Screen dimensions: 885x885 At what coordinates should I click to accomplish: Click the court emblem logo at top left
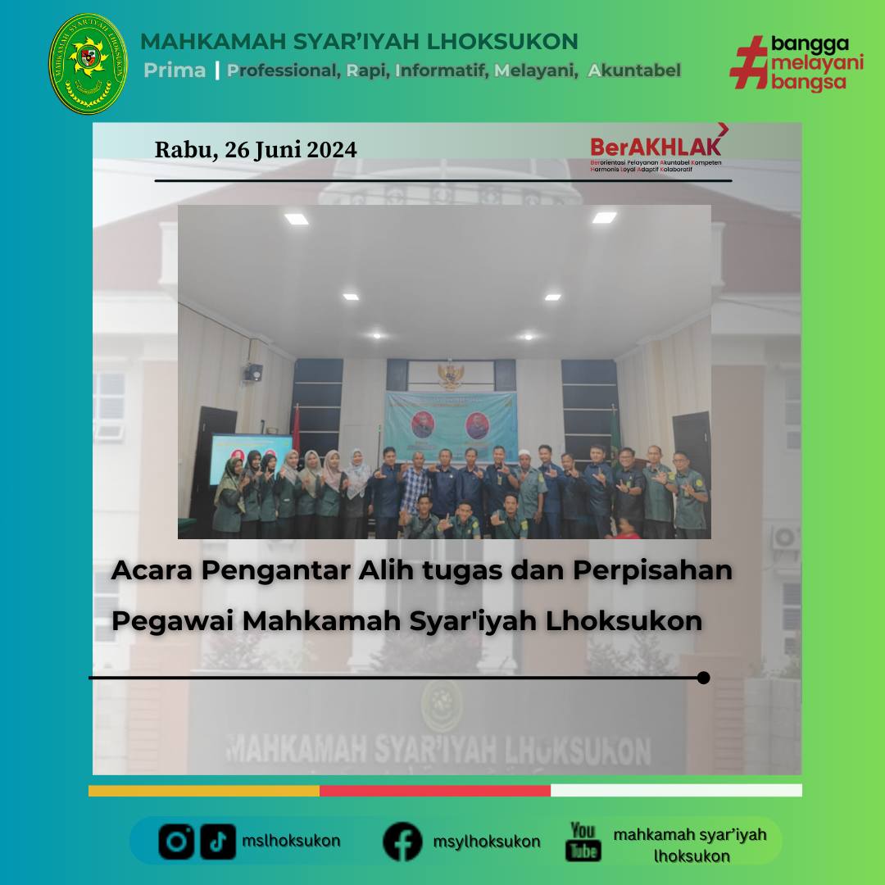[x=88, y=63]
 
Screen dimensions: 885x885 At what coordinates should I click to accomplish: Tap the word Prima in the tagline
[x=175, y=70]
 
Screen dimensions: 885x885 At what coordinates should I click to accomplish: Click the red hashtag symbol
[x=747, y=62]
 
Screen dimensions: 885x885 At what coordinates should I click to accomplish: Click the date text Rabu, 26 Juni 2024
[x=256, y=150]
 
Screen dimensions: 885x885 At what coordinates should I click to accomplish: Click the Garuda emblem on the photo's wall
[x=450, y=375]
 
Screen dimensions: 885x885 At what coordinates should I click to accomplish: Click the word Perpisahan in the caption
[x=651, y=570]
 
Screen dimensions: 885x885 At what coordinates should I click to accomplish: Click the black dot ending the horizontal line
[x=703, y=678]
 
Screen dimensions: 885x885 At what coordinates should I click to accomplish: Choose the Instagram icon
[x=177, y=841]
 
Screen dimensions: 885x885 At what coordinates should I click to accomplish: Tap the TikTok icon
[x=218, y=841]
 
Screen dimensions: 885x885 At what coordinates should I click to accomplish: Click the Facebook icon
[x=402, y=841]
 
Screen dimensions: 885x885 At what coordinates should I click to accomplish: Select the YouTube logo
[x=583, y=841]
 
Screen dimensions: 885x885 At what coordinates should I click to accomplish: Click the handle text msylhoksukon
[x=487, y=842]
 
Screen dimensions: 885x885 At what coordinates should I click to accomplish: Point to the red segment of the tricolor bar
[x=434, y=791]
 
